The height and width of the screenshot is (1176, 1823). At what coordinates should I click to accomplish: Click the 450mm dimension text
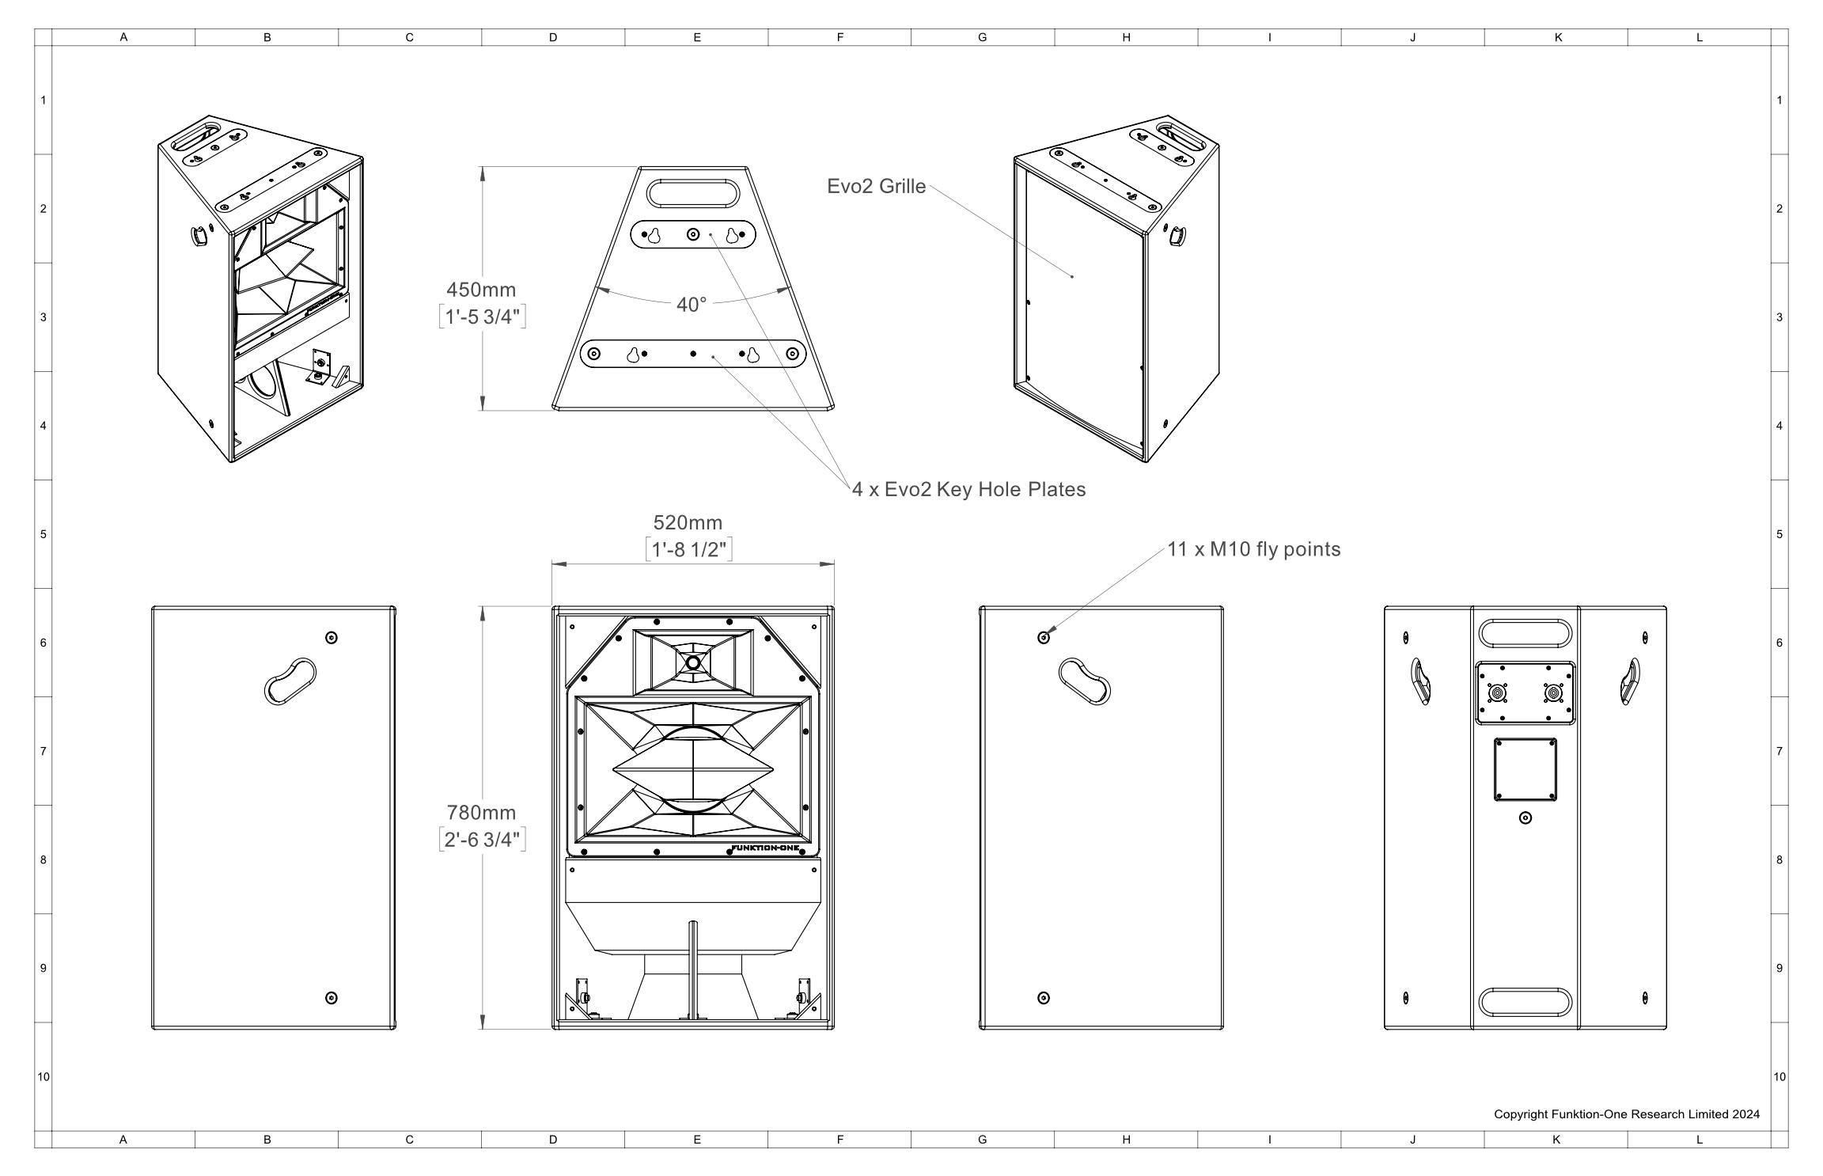point(481,290)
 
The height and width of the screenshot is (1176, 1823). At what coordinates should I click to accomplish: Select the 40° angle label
point(692,305)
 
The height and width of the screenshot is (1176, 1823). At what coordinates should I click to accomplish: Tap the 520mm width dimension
point(688,522)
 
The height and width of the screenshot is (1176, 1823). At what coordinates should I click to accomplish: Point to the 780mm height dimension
point(481,812)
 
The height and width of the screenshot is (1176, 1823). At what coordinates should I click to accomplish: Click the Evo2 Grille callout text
point(876,186)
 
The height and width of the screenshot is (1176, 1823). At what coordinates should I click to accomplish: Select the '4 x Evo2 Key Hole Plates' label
point(968,489)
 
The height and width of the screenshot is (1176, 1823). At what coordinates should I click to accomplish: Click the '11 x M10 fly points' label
point(1254,549)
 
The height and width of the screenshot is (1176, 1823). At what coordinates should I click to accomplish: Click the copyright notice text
point(1627,1114)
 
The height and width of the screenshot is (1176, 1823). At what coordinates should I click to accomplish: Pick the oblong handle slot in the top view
point(693,193)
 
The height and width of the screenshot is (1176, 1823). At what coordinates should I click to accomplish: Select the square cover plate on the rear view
point(1525,769)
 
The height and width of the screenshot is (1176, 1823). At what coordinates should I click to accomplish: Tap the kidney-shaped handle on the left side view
point(290,681)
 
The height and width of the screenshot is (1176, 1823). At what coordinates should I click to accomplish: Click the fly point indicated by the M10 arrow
point(1044,638)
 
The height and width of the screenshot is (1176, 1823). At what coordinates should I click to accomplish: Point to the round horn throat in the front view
point(693,663)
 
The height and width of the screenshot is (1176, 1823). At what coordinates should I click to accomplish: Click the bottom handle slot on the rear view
point(1525,1002)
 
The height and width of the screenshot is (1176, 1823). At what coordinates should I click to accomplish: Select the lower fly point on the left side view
point(332,998)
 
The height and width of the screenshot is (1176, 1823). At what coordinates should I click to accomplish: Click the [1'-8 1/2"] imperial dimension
point(688,549)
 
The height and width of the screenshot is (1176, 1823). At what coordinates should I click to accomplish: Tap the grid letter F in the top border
point(839,37)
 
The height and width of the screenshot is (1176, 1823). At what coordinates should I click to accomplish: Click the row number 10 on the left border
point(44,1076)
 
